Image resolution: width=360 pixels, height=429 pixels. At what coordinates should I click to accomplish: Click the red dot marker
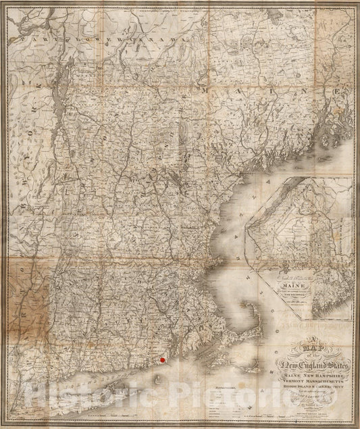point(162,363)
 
